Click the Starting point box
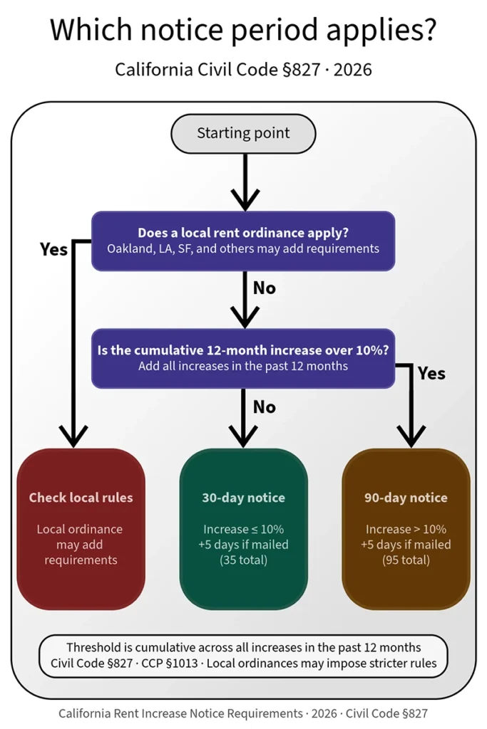(x=243, y=133)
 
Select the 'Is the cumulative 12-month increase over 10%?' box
(x=243, y=358)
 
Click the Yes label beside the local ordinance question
(x=53, y=249)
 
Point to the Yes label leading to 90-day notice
(x=431, y=373)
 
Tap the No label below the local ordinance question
(x=264, y=288)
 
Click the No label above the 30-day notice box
(x=264, y=407)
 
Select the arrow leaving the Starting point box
(x=244, y=182)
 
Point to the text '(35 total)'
(x=243, y=560)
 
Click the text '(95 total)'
(x=406, y=560)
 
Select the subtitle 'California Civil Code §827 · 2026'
(x=243, y=70)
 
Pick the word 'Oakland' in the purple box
(x=130, y=249)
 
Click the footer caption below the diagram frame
(x=243, y=713)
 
